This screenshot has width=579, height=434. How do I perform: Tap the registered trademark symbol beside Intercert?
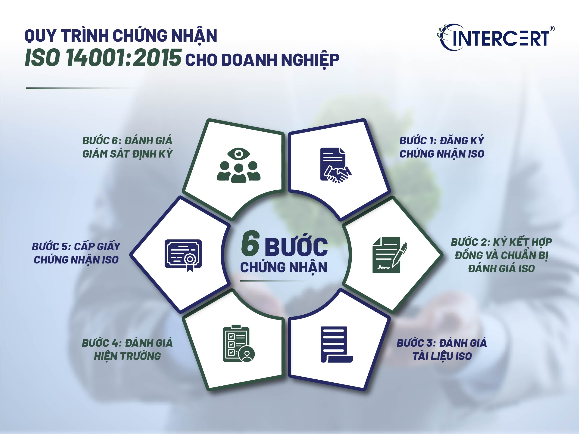coord(552,29)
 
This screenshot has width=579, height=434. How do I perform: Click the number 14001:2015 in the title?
coord(124,58)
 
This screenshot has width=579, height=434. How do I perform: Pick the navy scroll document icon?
coord(337,344)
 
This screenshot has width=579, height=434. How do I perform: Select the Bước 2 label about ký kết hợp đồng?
coord(501,255)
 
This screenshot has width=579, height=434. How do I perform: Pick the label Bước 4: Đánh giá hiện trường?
coord(127,350)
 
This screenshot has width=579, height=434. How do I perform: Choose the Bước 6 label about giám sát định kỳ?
coord(128,147)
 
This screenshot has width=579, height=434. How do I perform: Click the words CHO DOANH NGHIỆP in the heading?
coord(262,60)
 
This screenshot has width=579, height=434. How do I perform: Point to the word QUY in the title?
coord(40,36)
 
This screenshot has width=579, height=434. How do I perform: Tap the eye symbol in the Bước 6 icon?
coord(238,154)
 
